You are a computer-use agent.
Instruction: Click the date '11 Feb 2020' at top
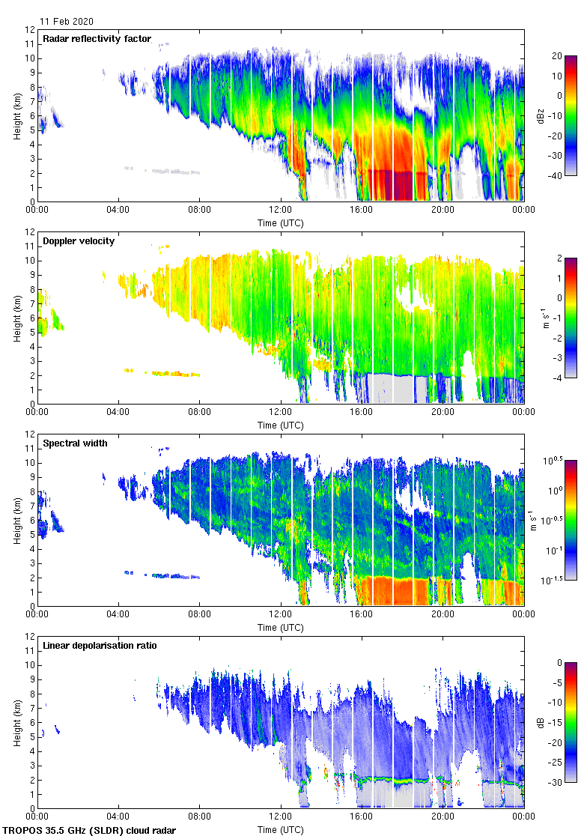pos(67,22)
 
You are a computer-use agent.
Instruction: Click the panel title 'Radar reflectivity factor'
pos(97,39)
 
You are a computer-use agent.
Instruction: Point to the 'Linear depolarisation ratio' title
pos(100,646)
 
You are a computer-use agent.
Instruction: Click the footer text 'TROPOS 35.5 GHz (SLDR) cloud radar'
pos(90,831)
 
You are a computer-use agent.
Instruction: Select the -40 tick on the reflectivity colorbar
pos(559,175)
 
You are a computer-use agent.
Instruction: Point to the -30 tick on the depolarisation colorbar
pos(559,782)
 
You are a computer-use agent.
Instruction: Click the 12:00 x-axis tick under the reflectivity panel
pos(281,210)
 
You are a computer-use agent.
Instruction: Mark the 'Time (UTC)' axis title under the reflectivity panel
pos(281,223)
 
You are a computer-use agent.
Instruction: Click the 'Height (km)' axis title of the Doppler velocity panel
pos(16,318)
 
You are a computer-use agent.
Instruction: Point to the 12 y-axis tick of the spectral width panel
pos(31,434)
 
